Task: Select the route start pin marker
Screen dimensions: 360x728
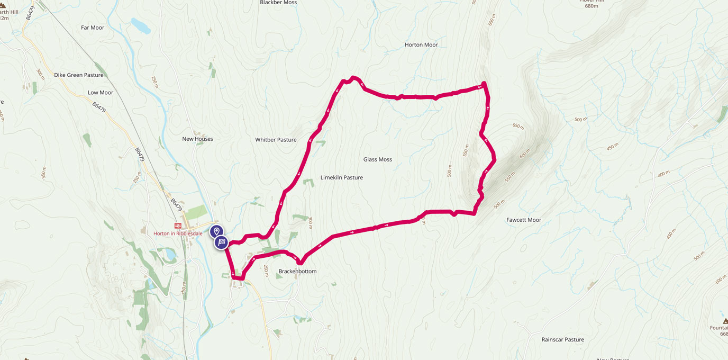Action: [x=216, y=232]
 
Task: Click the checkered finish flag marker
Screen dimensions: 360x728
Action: [x=222, y=242]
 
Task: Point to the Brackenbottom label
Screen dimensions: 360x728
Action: [x=297, y=272]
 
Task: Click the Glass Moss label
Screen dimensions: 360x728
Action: [x=378, y=159]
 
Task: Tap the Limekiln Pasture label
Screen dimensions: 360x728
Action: [x=342, y=178]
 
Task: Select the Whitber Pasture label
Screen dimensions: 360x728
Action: [x=276, y=140]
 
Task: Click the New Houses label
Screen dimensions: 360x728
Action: [x=197, y=139]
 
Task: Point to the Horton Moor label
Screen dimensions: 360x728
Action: [x=421, y=45]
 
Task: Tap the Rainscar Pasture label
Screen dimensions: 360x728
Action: [x=563, y=340]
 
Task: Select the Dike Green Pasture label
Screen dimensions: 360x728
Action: [x=79, y=75]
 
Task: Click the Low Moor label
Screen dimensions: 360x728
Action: [x=101, y=93]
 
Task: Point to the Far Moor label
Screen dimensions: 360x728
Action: [x=93, y=28]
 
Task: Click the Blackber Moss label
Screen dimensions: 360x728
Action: [x=278, y=3]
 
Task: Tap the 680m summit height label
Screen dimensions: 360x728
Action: [x=592, y=6]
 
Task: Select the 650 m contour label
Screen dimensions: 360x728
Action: [x=518, y=127]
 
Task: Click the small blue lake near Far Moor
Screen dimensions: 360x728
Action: [x=141, y=25]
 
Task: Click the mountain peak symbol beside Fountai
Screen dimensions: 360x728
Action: [x=725, y=321]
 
